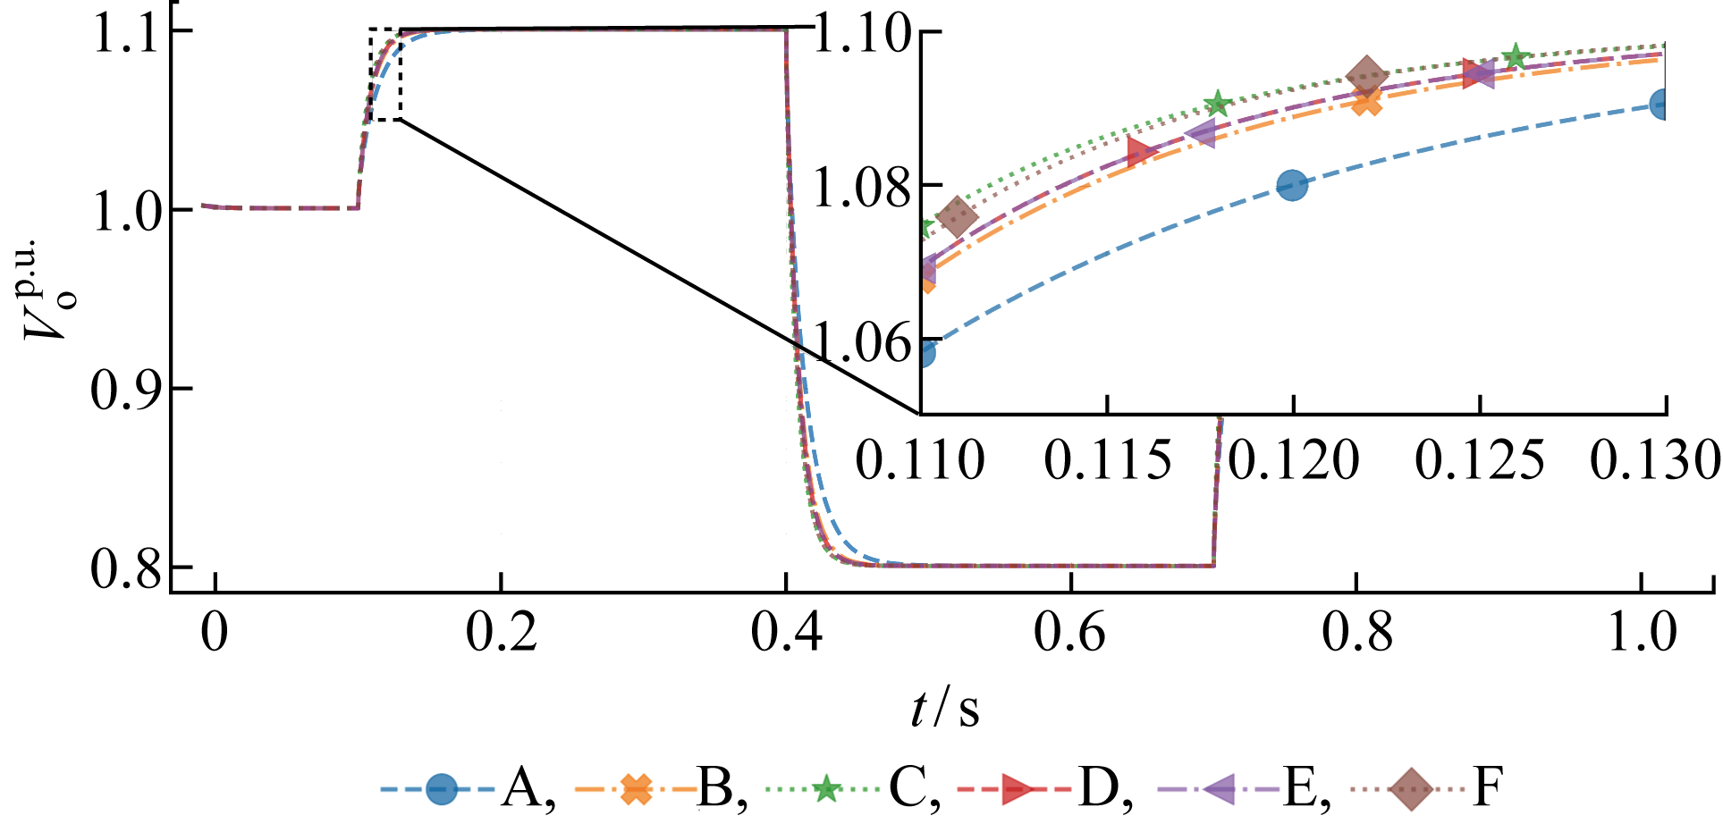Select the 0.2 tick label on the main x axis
502,633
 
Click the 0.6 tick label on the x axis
1070,633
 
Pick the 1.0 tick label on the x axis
1642,633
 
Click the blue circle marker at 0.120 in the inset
1292,186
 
